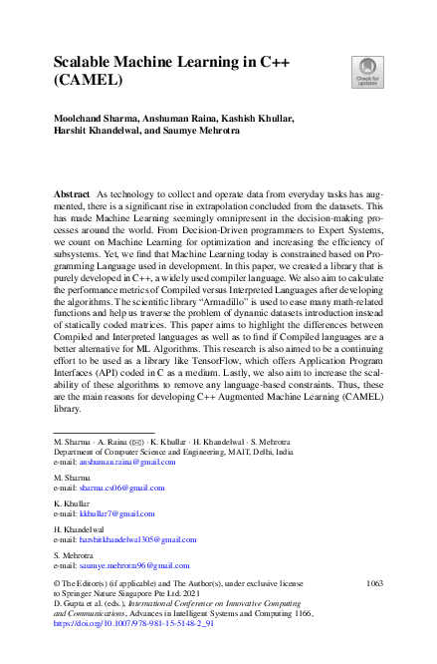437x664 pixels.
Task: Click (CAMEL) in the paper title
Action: (89, 86)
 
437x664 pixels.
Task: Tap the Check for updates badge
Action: (365, 71)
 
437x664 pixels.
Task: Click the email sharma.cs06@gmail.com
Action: (120, 488)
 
